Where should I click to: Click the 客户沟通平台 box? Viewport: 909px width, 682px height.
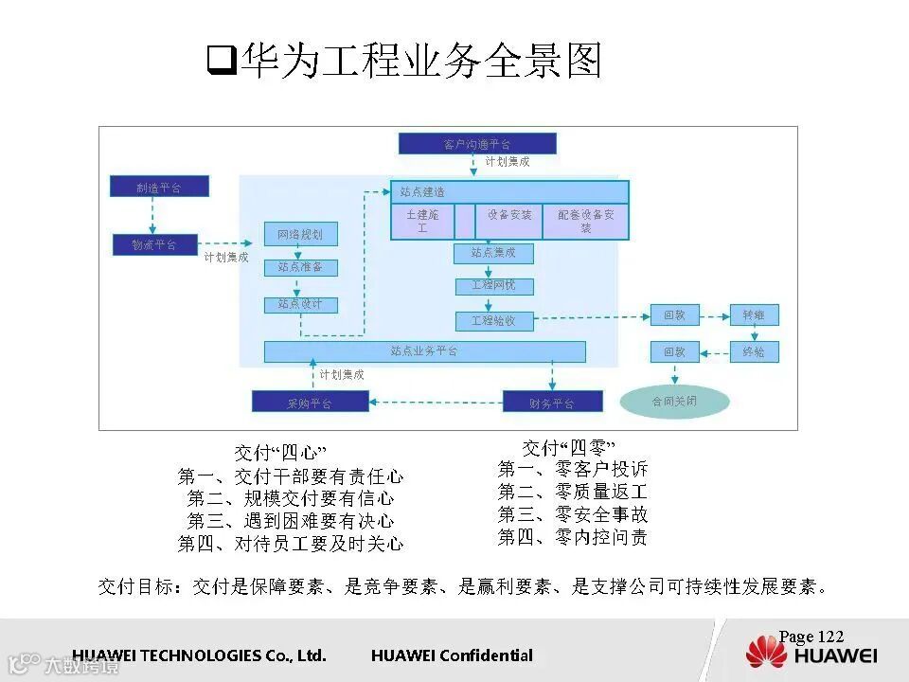[477, 144]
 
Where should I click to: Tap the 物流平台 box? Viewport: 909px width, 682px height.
[154, 245]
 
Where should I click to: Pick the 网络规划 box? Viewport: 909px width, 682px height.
[300, 234]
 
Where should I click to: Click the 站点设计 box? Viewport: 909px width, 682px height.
[300, 304]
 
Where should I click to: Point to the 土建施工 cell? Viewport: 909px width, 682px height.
[422, 222]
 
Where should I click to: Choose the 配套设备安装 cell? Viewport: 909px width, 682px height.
[585, 222]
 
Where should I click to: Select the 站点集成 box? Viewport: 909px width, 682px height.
[493, 253]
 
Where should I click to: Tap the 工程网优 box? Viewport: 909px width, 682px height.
[493, 285]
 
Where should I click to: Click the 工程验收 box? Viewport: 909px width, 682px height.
[493, 320]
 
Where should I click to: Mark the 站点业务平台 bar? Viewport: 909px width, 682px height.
[424, 351]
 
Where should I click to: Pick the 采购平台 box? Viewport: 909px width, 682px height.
[310, 403]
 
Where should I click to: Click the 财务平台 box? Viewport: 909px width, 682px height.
[551, 403]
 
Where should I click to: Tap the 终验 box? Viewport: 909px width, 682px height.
[754, 352]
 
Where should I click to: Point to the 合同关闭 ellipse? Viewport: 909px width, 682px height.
[675, 402]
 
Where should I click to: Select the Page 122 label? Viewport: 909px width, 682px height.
[811, 637]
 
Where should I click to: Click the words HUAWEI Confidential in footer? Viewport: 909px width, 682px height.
[452, 655]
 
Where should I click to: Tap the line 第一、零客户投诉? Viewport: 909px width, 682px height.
[573, 469]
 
